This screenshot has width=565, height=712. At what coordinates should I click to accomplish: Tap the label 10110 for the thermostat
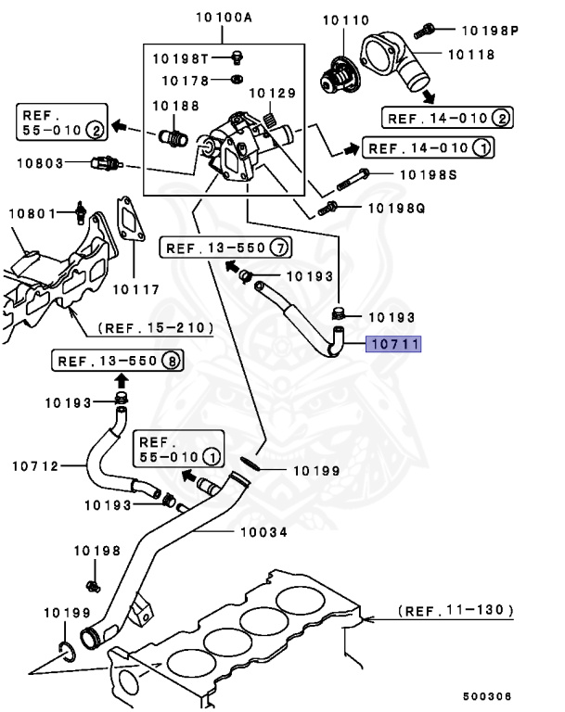[x=346, y=19]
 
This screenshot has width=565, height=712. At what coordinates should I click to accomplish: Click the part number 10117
[x=135, y=288]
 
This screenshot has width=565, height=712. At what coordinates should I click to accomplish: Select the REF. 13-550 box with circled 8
[x=117, y=361]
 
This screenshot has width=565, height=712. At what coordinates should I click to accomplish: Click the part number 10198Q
[x=396, y=209]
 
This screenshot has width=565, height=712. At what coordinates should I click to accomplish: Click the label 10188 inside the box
[x=176, y=106]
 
